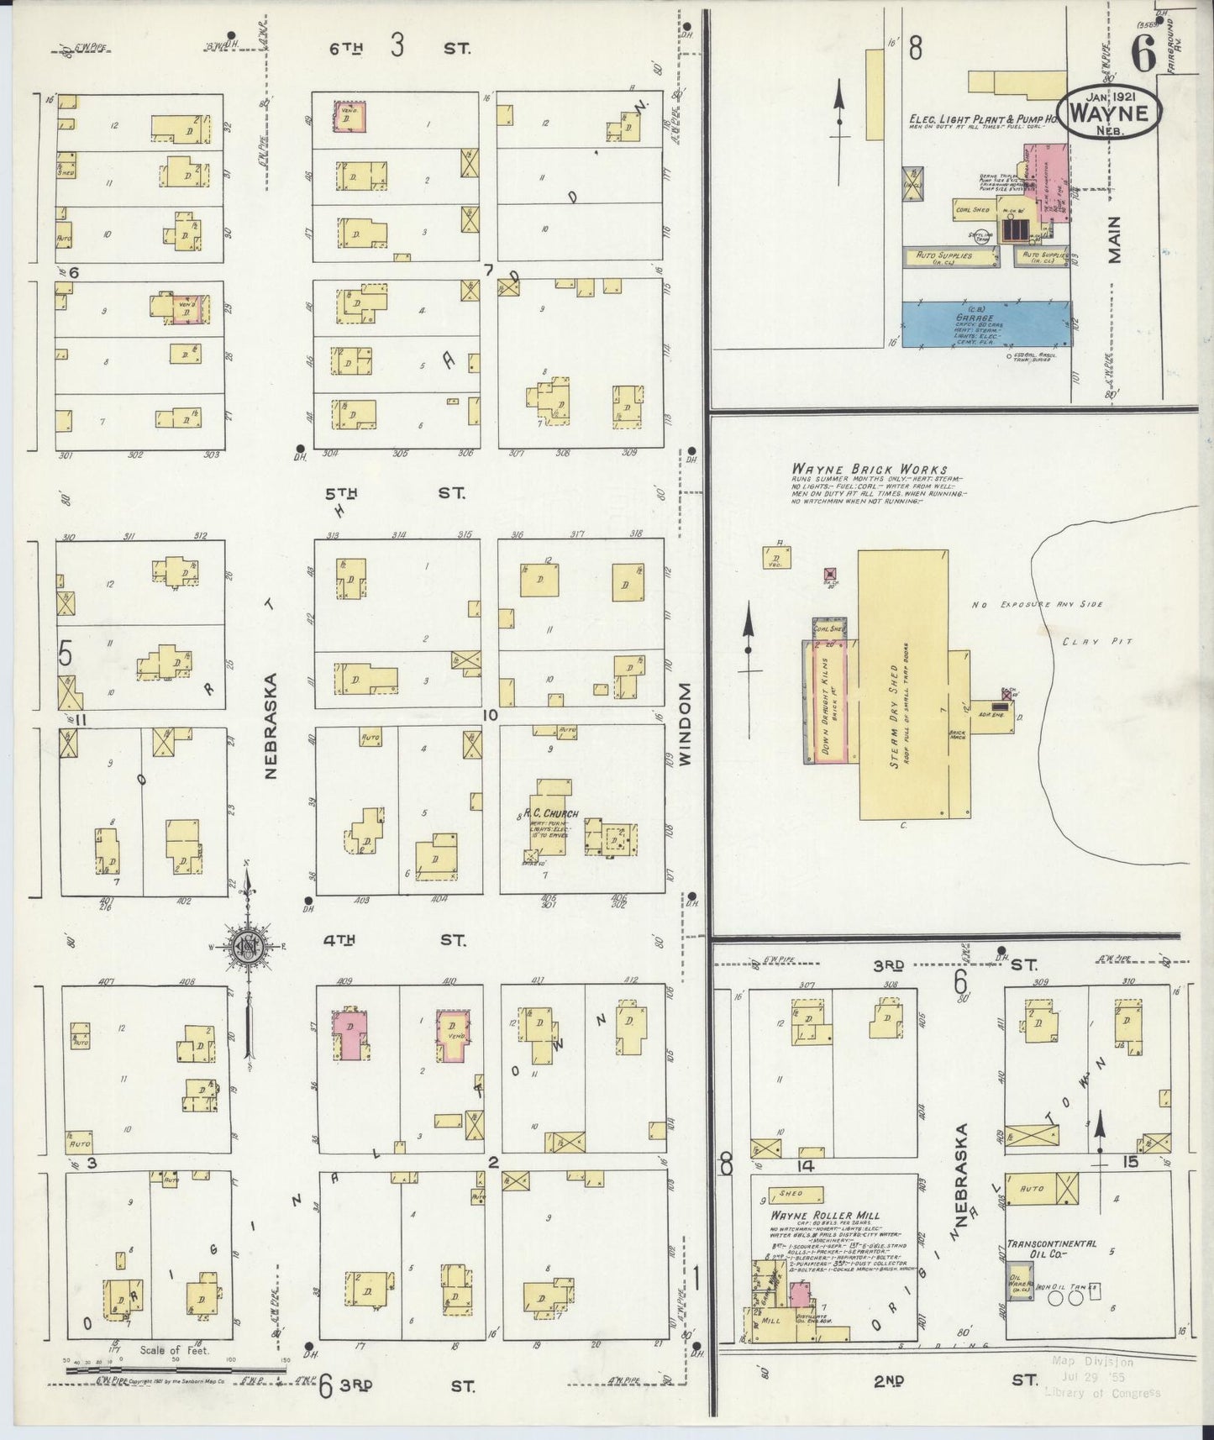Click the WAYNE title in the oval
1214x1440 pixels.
1110,113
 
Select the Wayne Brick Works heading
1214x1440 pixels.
869,470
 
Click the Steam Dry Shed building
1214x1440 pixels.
903,684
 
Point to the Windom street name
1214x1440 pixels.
685,723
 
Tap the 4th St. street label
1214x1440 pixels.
395,940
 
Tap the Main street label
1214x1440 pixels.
1114,239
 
